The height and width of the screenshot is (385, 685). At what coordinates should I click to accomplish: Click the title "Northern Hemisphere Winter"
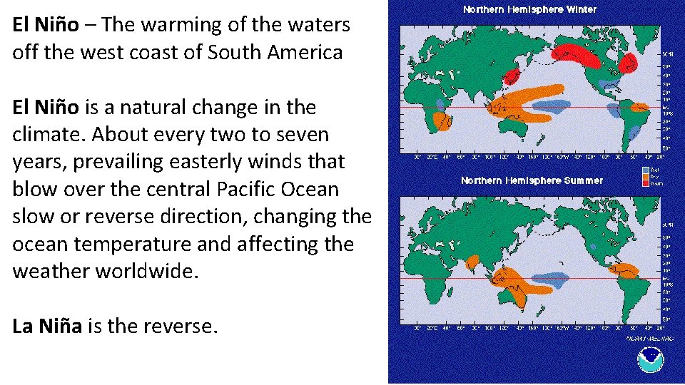tap(529, 10)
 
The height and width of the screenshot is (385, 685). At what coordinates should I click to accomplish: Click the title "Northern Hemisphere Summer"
tap(532, 180)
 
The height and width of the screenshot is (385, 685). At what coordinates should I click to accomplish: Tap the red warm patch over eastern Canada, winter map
tap(628, 64)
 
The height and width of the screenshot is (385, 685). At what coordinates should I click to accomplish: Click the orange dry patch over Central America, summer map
tap(625, 270)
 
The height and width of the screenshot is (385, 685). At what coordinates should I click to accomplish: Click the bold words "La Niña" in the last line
tap(46, 327)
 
